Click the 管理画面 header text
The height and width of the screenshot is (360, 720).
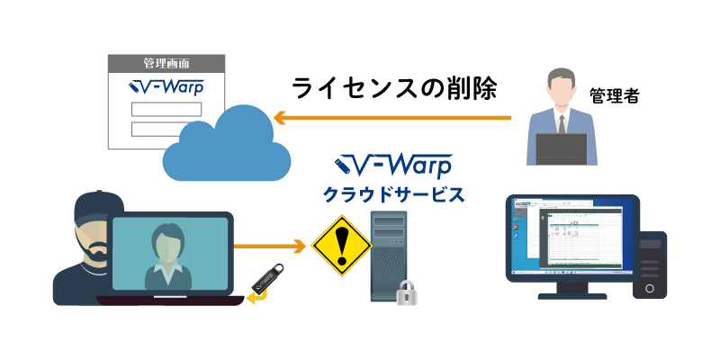tap(166, 64)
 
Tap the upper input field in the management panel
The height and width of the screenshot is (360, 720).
tap(166, 109)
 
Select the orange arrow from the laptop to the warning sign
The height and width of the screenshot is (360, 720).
tap(269, 245)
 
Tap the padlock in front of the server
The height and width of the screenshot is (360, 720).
tap(408, 292)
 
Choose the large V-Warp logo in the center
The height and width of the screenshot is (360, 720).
tap(393, 166)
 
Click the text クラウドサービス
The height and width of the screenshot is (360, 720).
tap(393, 193)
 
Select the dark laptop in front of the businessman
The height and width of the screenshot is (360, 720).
tap(562, 148)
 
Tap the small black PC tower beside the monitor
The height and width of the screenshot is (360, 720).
tap(650, 265)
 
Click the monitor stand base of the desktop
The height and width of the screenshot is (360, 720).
tap(572, 295)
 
